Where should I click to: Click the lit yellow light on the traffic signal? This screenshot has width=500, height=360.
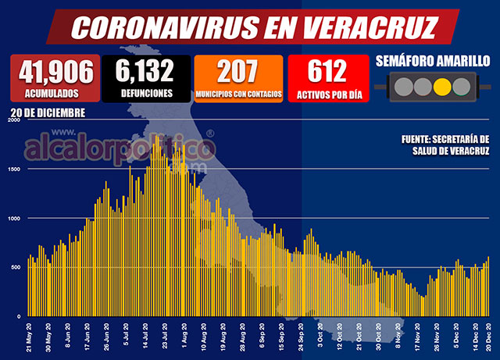click(442, 87)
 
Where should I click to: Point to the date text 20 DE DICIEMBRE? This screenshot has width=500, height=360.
click(48, 113)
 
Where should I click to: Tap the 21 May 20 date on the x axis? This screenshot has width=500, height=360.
click(29, 337)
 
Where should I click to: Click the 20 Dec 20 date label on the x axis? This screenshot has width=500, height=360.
click(488, 337)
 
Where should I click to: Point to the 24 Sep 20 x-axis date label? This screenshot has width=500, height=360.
click(300, 337)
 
